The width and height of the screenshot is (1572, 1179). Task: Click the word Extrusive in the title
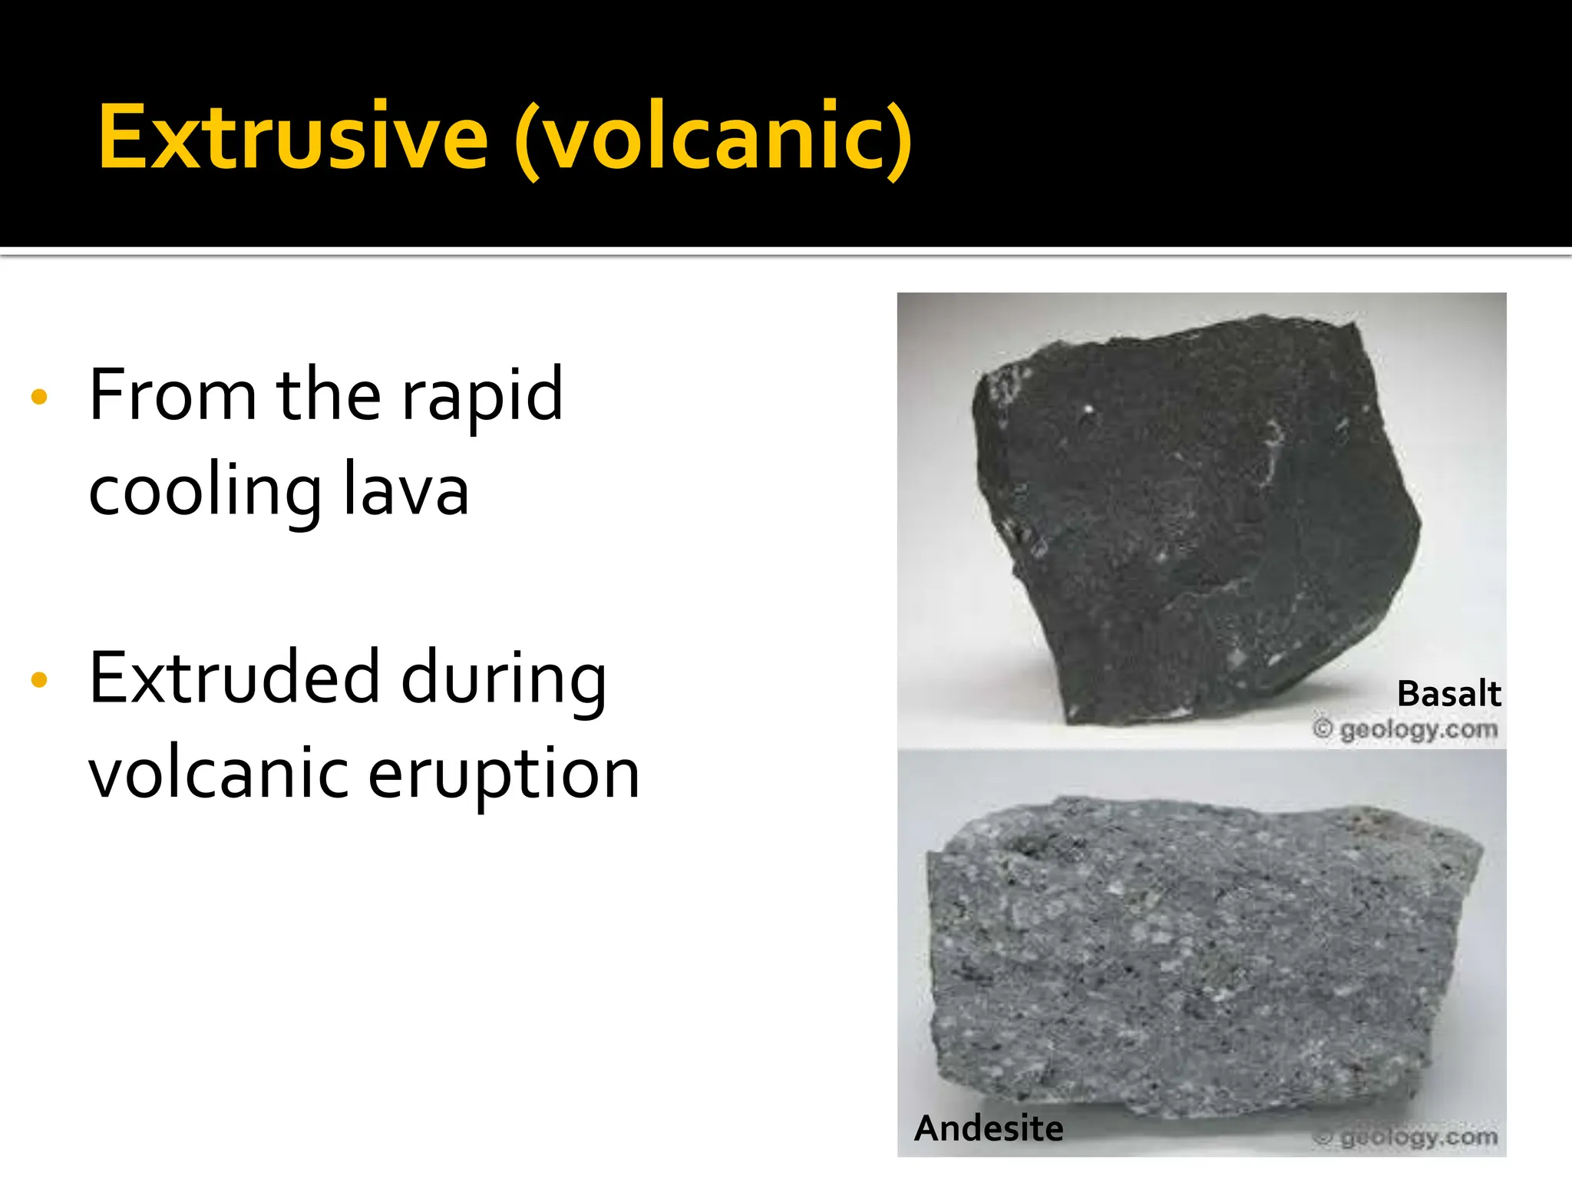292,137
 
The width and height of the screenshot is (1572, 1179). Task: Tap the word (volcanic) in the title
713,140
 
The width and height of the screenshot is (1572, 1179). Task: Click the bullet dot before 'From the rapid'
39,397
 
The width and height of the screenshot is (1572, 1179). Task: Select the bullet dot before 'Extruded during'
39,679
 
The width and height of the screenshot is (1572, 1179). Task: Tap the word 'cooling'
204,493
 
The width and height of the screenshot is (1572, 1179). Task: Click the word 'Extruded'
234,678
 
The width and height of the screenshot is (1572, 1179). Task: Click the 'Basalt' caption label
1448,694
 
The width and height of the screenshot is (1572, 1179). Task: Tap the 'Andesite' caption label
989,1128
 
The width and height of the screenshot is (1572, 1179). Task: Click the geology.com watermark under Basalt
1418,729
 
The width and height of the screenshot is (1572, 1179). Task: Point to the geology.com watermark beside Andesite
1418,1137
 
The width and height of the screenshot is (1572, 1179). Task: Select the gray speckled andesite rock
1197,959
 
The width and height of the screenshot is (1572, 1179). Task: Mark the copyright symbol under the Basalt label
1323,728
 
